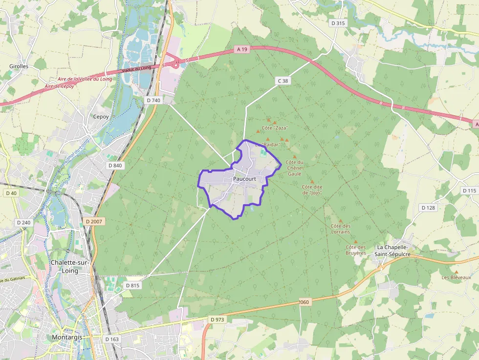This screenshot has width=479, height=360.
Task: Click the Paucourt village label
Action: click(x=244, y=179)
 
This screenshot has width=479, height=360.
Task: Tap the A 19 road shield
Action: click(x=242, y=49)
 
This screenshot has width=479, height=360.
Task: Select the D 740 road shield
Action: click(x=153, y=100)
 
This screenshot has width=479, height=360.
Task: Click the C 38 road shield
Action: click(x=283, y=81)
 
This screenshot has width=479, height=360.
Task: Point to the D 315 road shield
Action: click(x=338, y=23)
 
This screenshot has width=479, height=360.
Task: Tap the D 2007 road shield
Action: click(x=94, y=221)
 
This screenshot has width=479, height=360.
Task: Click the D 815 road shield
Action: click(x=132, y=285)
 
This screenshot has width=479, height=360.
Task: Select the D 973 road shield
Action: click(x=217, y=319)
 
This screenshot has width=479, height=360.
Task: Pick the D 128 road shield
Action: click(x=428, y=208)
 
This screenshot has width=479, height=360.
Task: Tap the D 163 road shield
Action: click(x=111, y=339)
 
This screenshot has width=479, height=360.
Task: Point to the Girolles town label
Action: click(x=19, y=66)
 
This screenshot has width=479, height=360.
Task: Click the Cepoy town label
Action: click(x=101, y=117)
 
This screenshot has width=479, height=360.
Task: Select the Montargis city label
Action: click(x=68, y=338)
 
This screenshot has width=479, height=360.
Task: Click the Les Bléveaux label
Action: click(x=456, y=277)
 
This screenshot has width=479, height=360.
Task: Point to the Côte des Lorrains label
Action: click(x=341, y=229)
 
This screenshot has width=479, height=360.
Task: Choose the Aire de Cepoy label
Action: click(x=59, y=86)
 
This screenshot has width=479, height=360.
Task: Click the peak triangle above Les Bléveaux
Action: click(x=456, y=272)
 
